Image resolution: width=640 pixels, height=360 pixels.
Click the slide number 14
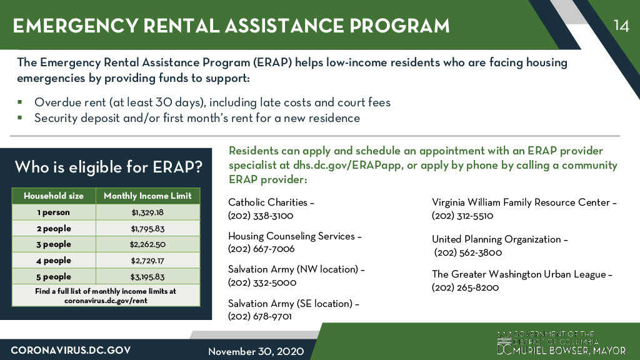point(621,26)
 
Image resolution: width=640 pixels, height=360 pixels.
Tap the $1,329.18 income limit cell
point(147,212)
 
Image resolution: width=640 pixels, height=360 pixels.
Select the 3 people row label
point(53,244)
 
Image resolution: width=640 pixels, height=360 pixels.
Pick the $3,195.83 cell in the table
point(147,277)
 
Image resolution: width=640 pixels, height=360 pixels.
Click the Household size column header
point(53,196)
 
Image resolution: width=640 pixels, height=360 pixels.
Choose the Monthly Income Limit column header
point(147,196)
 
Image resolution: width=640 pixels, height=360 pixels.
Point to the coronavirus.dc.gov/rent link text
point(106,300)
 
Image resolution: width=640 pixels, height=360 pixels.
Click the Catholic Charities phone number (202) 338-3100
point(261,216)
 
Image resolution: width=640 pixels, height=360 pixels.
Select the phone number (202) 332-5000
point(262,282)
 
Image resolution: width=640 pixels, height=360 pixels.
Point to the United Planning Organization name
point(497,239)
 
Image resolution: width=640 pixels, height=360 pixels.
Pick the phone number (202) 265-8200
point(465,287)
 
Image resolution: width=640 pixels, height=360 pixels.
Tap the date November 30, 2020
point(256,351)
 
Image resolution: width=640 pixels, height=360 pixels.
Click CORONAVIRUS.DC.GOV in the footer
point(71,350)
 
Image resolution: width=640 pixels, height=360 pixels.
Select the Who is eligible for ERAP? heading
point(108,167)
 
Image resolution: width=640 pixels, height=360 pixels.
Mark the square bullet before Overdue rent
point(20,102)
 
